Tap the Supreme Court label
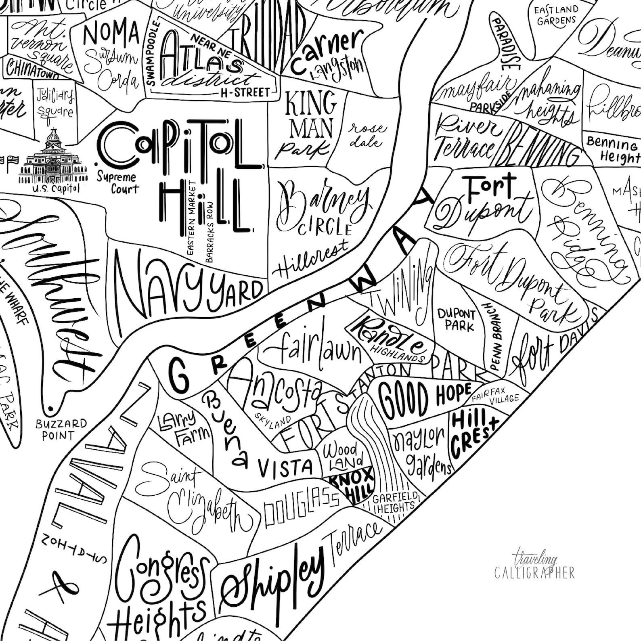117,182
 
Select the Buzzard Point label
61,429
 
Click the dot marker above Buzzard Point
50,409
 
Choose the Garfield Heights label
394,503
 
